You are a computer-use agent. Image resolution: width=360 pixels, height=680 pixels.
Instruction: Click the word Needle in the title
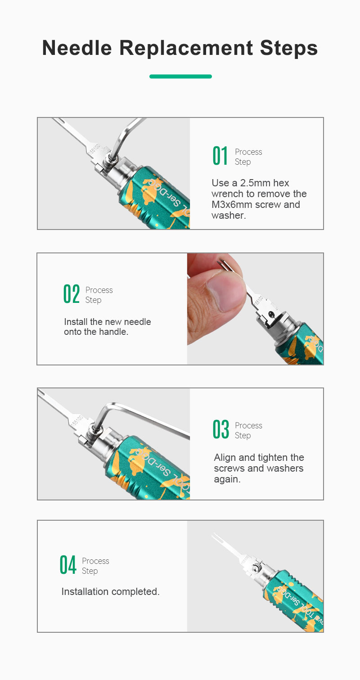tap(77, 48)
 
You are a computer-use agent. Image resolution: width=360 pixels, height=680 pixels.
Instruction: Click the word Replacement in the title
tap(186, 49)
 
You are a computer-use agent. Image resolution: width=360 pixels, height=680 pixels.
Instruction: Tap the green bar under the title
tap(180, 77)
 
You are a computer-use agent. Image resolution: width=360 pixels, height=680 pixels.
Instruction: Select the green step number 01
tap(220, 156)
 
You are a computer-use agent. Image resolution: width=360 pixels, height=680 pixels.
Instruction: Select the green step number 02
tap(72, 294)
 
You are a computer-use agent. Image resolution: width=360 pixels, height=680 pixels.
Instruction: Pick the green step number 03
tap(220, 429)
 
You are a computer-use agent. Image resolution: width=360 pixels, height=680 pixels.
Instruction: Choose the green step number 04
tap(67, 565)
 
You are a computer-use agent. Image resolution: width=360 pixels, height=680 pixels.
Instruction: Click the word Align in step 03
tap(225, 457)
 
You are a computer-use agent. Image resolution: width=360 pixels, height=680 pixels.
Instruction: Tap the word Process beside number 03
tap(248, 426)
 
